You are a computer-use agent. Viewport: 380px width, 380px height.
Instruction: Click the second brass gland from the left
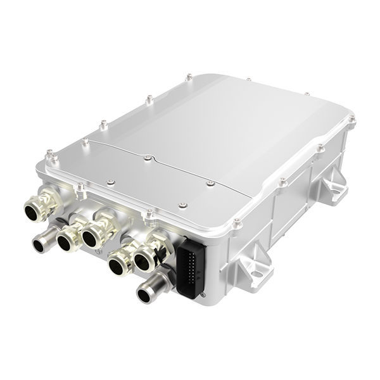pos(66,239)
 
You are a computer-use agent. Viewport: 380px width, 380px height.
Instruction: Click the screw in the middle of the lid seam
pos(147,157)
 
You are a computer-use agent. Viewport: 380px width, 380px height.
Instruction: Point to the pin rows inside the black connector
pos(191,269)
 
